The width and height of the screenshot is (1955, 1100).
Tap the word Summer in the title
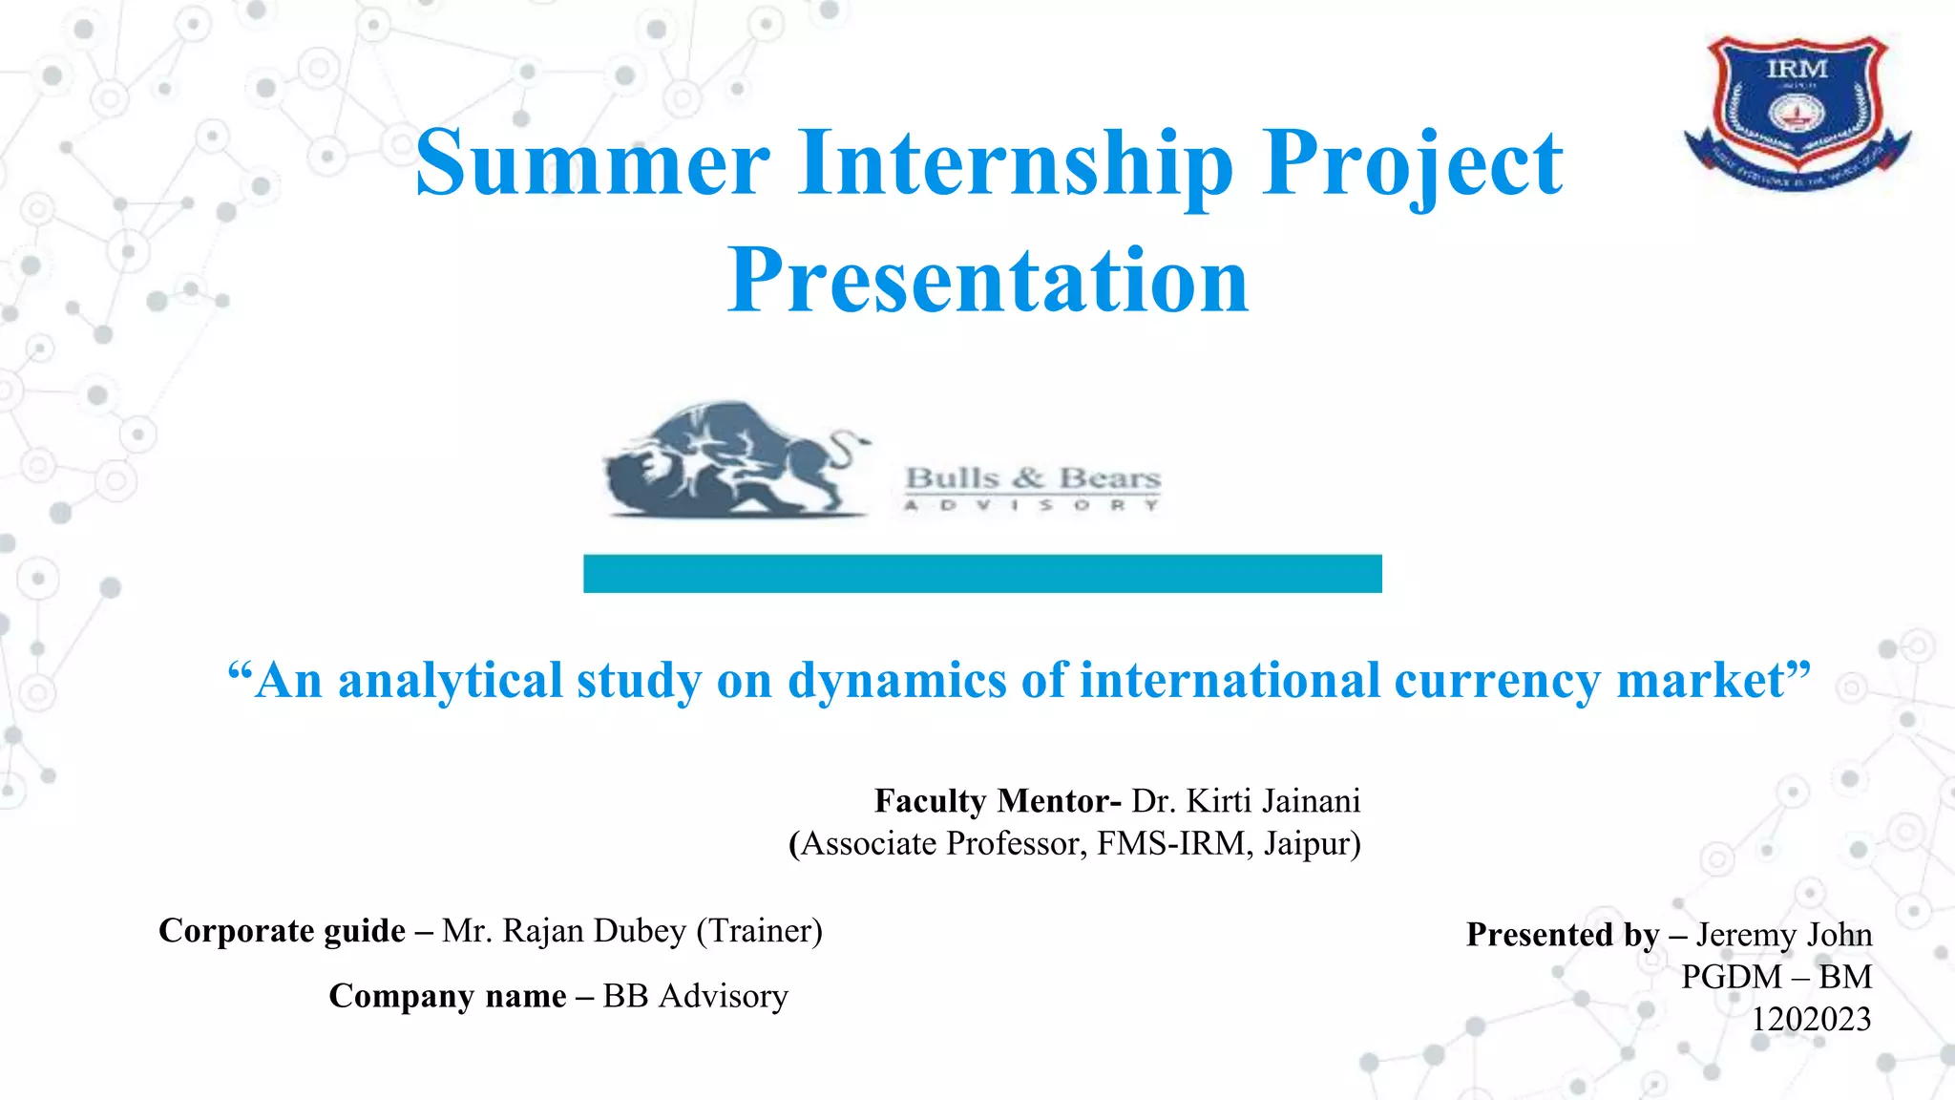(x=592, y=163)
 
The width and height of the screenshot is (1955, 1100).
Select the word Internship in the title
(x=1016, y=163)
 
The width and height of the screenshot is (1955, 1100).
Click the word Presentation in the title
(x=988, y=280)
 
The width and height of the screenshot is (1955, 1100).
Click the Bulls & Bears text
(x=1032, y=478)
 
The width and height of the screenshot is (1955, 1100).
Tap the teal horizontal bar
(x=982, y=574)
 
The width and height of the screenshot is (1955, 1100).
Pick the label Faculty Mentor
(x=997, y=800)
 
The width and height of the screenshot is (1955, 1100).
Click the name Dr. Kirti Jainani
(x=1246, y=800)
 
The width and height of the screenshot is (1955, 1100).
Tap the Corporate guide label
(x=283, y=931)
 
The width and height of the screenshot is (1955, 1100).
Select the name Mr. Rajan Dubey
(x=564, y=931)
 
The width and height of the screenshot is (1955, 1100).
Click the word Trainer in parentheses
(x=759, y=931)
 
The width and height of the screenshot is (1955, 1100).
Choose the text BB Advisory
(x=695, y=996)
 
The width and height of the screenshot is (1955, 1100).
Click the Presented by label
(x=1563, y=935)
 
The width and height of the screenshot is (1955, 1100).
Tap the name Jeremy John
(x=1783, y=935)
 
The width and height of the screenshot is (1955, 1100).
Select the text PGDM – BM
(x=1776, y=977)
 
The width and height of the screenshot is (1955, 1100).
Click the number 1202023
(x=1810, y=1020)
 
